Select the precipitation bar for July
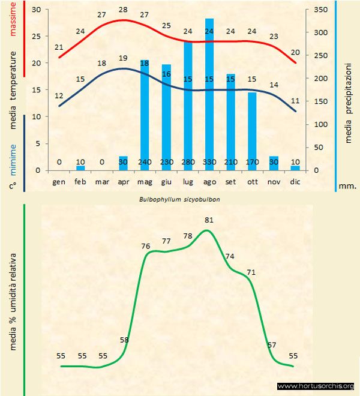tap(187, 106)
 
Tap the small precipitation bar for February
tap(80, 168)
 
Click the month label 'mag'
tap(145, 181)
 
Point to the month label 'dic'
tap(295, 181)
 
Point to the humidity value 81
tap(209, 220)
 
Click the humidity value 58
tap(124, 340)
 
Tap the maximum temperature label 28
tap(123, 10)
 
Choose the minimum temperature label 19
tap(123, 58)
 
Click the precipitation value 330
tap(209, 161)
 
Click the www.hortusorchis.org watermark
tap(316, 386)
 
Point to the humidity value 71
tap(251, 272)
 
